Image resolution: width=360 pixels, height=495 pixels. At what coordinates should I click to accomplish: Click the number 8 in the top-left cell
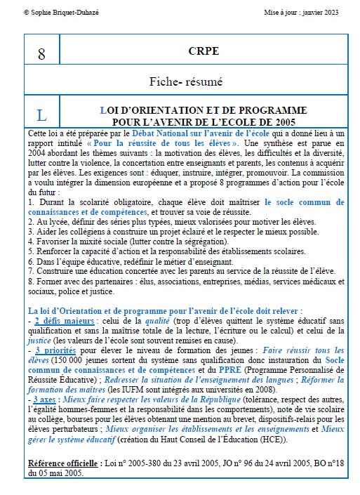point(41,54)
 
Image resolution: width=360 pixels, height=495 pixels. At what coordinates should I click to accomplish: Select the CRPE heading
point(204,51)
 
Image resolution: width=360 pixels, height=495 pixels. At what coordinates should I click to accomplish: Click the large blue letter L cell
point(41,114)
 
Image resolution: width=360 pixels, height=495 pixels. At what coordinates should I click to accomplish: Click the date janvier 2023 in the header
point(324,12)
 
